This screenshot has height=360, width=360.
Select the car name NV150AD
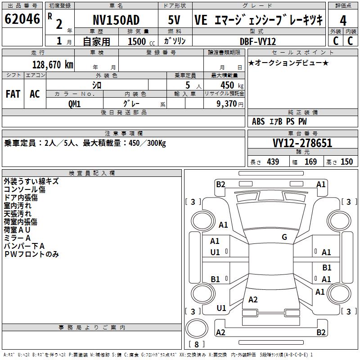coord(116,20)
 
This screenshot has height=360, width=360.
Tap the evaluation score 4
coord(343,21)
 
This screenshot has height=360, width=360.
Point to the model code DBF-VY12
coord(258,41)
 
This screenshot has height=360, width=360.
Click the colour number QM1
coord(74,103)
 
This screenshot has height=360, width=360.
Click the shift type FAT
coord(13,94)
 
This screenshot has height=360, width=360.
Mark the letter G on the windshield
coord(284,237)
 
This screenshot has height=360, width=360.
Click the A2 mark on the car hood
coord(253,300)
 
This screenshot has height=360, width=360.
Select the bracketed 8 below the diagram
coord(196,345)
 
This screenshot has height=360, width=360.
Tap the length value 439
coord(273,162)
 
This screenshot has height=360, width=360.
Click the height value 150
coord(346,162)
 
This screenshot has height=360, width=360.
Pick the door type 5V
coord(175,20)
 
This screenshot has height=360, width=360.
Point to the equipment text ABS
coord(258,121)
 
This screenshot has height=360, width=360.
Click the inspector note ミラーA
coord(17,238)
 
